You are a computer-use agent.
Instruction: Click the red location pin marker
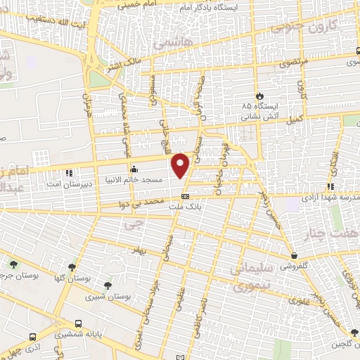point(181,165)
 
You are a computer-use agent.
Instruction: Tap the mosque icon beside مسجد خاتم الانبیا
point(134,169)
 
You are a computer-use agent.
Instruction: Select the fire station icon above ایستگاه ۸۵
point(258,95)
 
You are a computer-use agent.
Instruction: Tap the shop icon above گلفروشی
point(293,256)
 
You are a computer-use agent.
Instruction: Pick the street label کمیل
point(294,120)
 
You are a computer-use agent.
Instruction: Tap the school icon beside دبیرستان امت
point(68,172)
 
